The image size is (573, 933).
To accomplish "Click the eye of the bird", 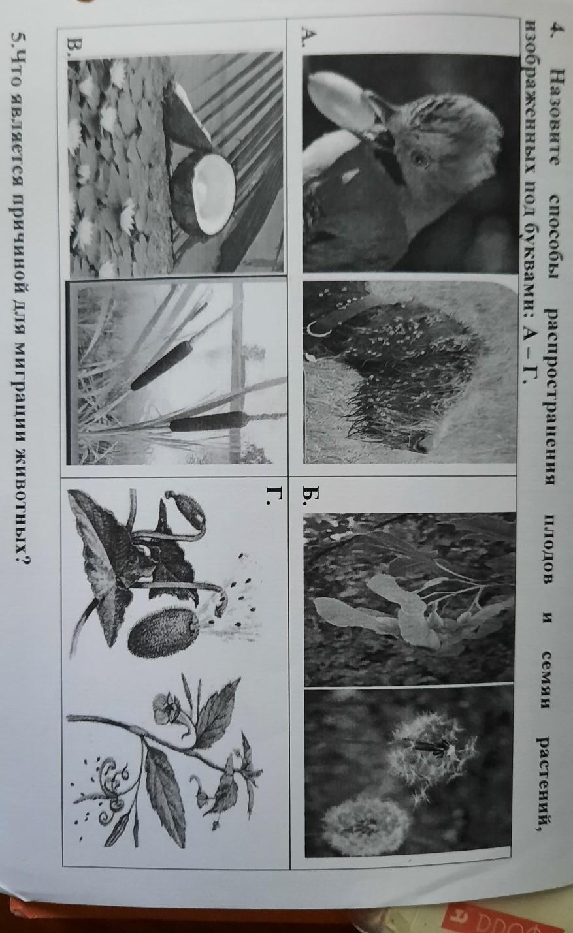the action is [419, 159].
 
